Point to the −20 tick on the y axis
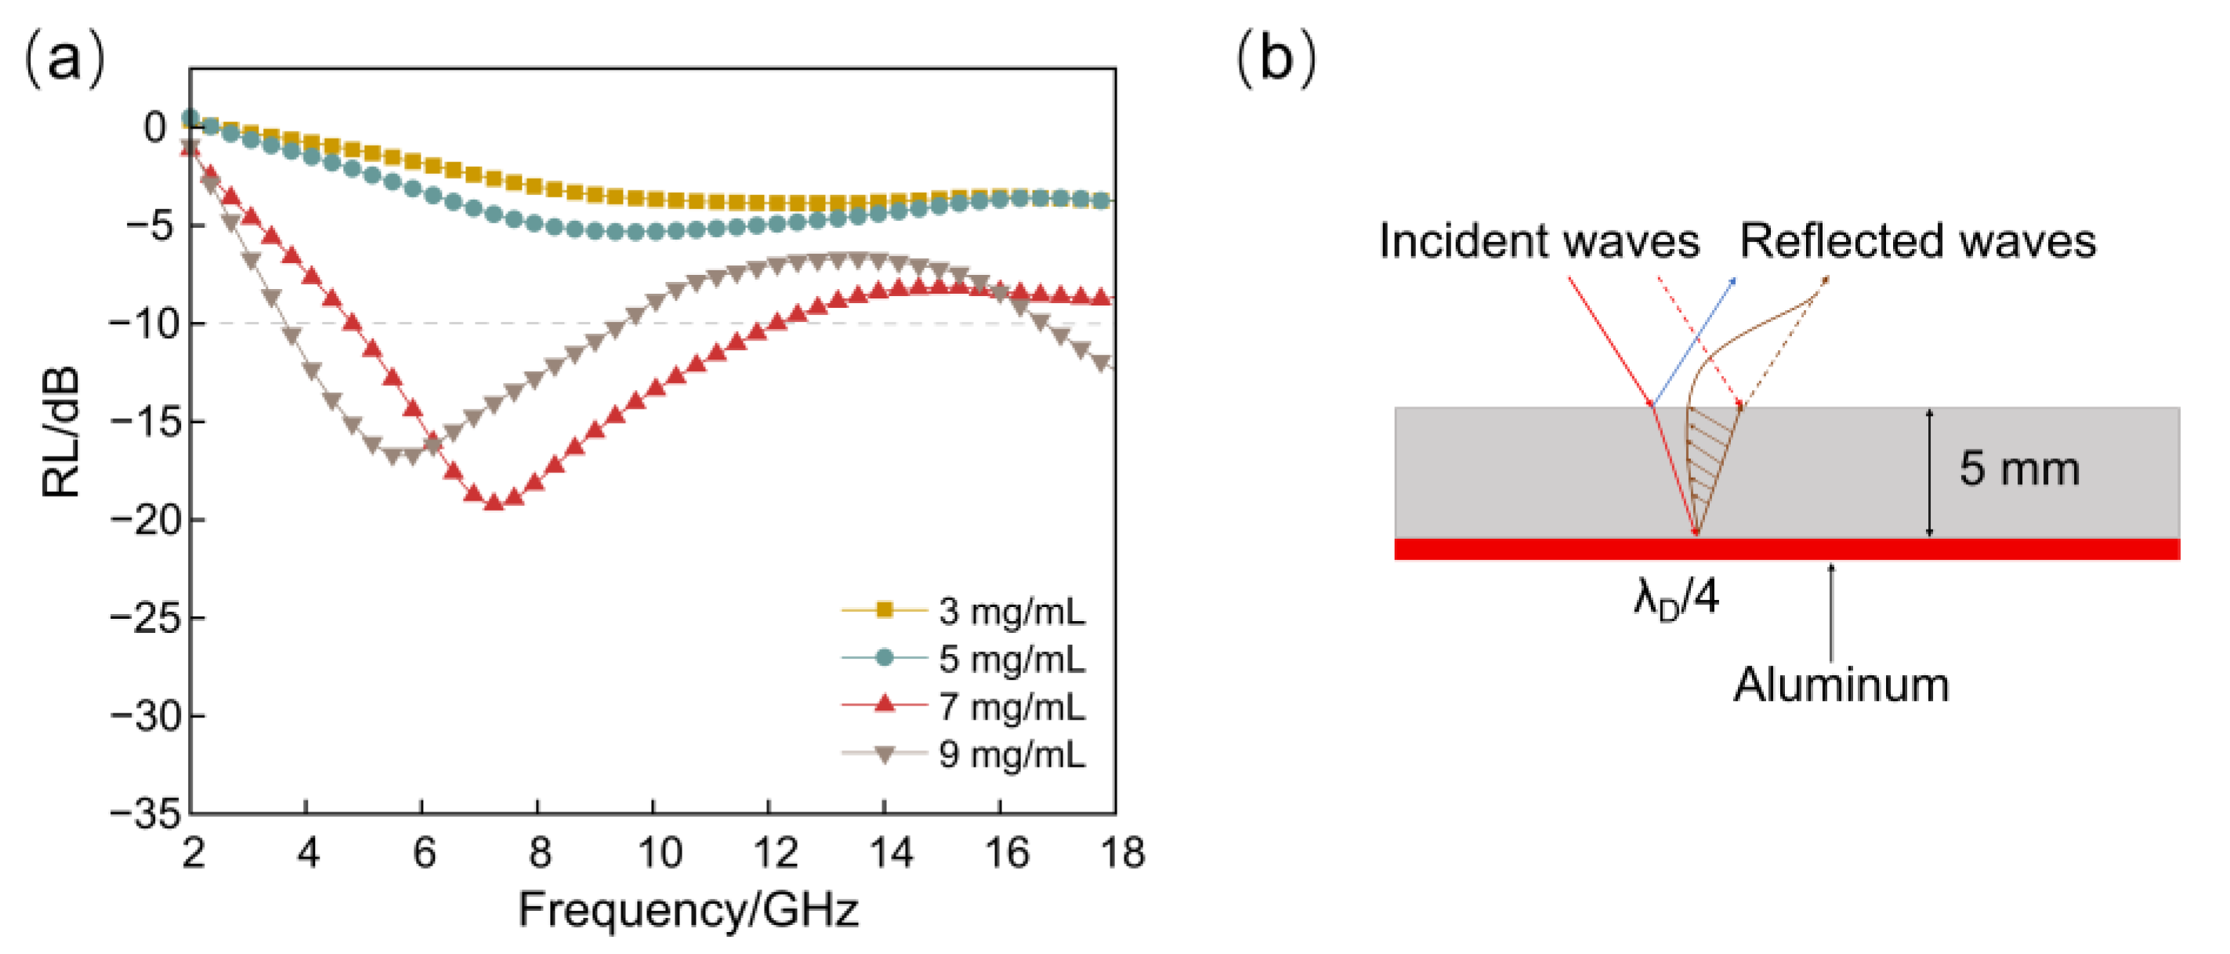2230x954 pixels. coord(146,520)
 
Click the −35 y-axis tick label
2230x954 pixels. coord(146,814)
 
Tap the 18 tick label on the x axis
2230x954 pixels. coord(1122,853)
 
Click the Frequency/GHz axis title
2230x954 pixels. coord(688,910)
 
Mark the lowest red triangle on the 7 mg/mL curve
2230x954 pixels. coord(494,502)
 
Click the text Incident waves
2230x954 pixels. coord(1538,240)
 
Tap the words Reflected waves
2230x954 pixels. coord(1917,240)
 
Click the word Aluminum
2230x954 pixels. coord(1841,685)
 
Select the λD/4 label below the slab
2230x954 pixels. coord(1675,598)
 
